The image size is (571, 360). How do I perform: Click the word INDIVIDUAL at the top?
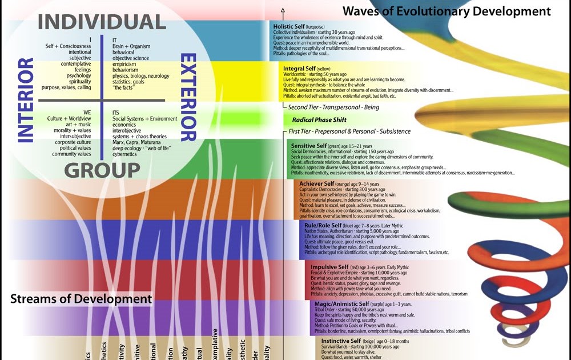pos(102,22)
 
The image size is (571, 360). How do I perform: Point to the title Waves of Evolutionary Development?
pos(446,11)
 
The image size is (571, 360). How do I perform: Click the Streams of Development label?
pos(81,298)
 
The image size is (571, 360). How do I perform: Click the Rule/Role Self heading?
pos(323,225)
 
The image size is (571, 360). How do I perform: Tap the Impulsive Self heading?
pos(330,267)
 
